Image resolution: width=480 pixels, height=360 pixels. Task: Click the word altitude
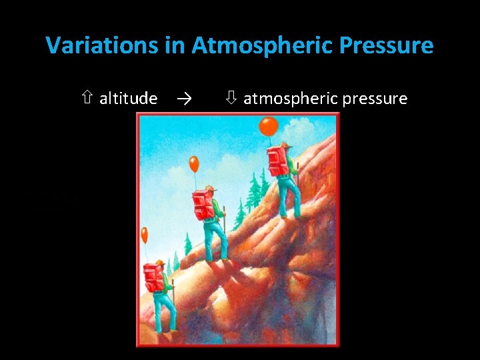coord(128,99)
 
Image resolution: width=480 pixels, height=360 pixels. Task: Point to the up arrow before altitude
coord(87,99)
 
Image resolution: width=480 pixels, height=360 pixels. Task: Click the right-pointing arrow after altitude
coord(185,99)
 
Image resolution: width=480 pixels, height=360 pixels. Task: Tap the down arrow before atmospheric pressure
coord(231,99)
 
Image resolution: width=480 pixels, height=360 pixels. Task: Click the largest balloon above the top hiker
coord(268,126)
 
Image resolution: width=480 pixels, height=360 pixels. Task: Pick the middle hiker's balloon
coord(194,163)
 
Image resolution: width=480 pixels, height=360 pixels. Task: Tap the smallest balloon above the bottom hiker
coord(145,235)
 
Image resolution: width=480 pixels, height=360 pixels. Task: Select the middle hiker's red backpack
coord(202,204)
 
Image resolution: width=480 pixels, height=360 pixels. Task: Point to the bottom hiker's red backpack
coord(153,277)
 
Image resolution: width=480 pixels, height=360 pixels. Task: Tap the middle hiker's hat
coord(211,189)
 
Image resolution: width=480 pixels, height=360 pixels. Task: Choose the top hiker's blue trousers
coord(289,197)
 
